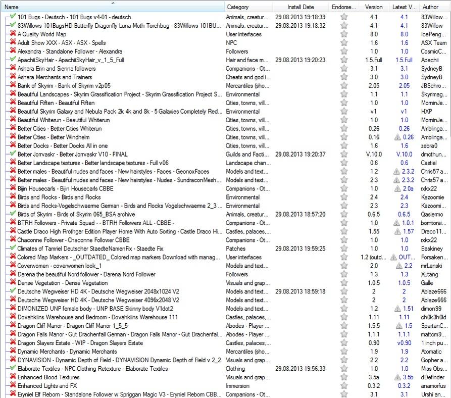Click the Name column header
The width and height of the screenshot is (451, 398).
[x=11, y=7]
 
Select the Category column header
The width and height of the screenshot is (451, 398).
[x=237, y=7]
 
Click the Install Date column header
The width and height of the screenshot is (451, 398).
[x=300, y=7]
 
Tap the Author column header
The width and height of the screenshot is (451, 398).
[x=430, y=7]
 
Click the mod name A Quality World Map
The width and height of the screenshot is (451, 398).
[x=42, y=34]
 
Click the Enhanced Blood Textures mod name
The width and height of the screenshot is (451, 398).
[x=48, y=377]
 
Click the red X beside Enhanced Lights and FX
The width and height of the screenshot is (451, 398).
[x=12, y=386]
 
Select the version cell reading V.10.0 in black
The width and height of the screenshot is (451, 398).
[x=374, y=155]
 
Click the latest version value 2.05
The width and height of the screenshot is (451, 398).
[x=404, y=86]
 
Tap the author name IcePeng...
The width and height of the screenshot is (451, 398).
[x=433, y=34]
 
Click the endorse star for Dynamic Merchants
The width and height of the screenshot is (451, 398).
[x=344, y=352]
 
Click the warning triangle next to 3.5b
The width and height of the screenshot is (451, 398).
[x=396, y=377]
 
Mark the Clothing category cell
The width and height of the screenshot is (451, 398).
[x=236, y=369]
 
